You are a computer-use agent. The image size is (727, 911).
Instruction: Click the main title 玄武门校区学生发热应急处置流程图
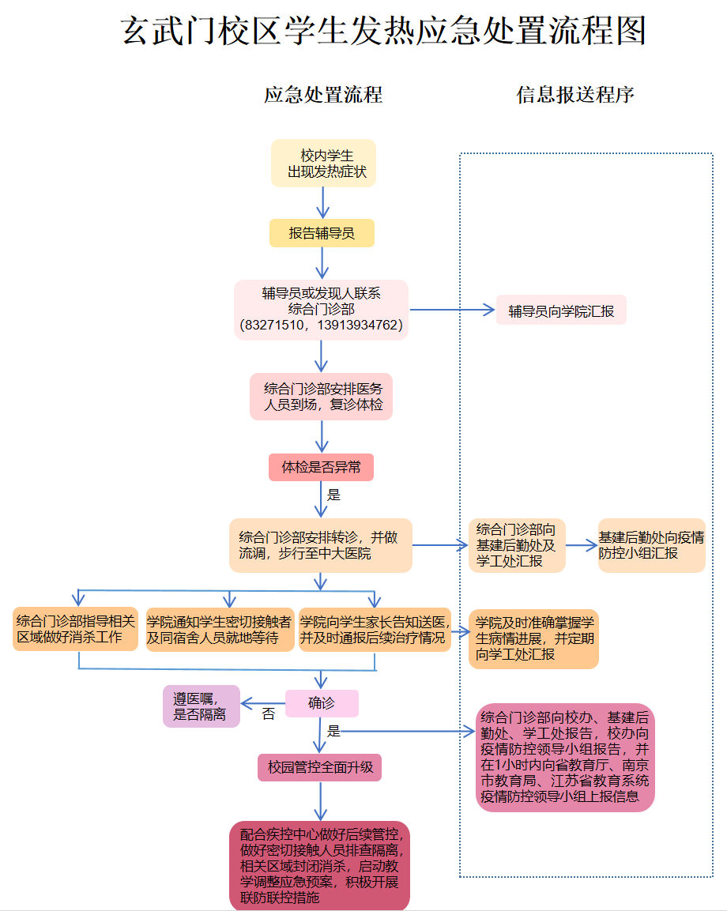[x=385, y=32]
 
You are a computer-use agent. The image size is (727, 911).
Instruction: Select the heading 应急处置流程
[x=323, y=95]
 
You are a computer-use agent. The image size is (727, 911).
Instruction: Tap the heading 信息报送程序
[x=575, y=95]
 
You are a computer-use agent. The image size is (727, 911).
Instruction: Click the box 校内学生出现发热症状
[x=323, y=164]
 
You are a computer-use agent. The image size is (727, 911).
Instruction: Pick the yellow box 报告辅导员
[x=321, y=233]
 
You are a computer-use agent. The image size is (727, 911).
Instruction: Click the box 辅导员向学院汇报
[x=561, y=311]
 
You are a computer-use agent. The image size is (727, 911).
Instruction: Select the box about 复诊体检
[x=322, y=397]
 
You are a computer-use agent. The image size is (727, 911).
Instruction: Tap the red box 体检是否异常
[x=321, y=467]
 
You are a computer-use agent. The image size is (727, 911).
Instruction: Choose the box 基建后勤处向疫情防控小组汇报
[x=651, y=545]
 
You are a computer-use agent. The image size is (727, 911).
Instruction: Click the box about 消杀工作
[x=76, y=629]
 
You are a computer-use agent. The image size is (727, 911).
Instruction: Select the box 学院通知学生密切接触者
[x=219, y=629]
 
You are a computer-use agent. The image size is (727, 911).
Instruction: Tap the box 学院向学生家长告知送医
[x=375, y=629]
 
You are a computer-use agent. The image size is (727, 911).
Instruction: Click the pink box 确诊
[x=322, y=703]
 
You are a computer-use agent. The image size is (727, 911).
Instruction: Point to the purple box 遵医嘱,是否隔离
[x=201, y=706]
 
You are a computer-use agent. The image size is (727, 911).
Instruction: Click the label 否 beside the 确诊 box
[x=269, y=714]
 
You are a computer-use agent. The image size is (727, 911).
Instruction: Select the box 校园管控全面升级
[x=319, y=767]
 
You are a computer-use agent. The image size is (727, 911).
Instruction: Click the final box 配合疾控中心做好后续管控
[x=320, y=865]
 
